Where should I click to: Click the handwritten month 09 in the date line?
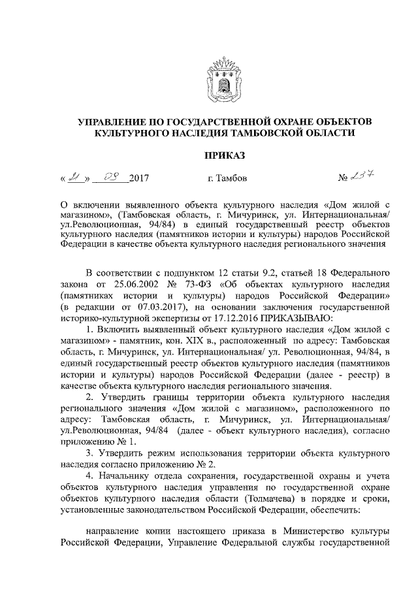111,176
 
